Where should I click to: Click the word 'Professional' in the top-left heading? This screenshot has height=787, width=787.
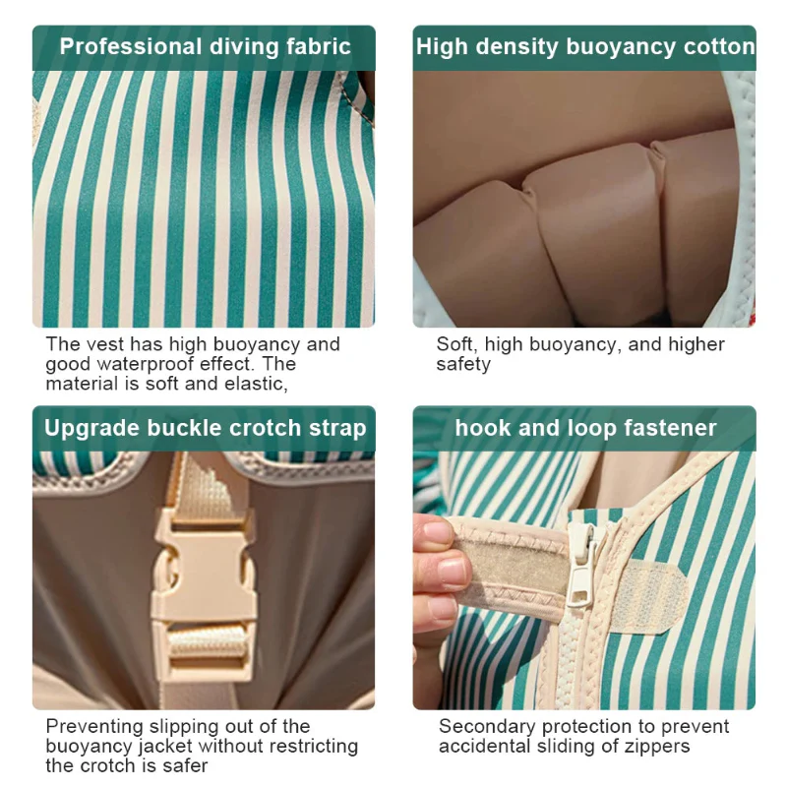pos(131,47)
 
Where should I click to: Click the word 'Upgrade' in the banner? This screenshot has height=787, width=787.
pos(90,429)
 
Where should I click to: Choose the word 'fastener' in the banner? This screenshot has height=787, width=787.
pos(670,428)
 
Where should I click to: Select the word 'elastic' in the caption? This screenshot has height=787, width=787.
pos(256,384)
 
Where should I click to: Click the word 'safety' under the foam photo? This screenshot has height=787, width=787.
pos(463,365)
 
